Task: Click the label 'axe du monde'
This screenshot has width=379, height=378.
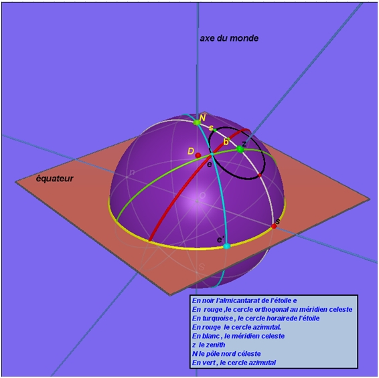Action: pyautogui.click(x=229, y=38)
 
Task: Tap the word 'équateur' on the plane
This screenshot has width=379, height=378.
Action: pyautogui.click(x=55, y=179)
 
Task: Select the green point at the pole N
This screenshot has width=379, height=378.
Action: pyautogui.click(x=197, y=122)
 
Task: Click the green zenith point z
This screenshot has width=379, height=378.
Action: pyautogui.click(x=240, y=149)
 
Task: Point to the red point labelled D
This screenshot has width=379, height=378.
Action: pyautogui.click(x=198, y=155)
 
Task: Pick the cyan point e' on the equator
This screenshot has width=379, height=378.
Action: pyautogui.click(x=226, y=246)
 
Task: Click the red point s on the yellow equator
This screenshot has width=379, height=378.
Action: pyautogui.click(x=274, y=226)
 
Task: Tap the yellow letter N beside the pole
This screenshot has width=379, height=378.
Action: pyautogui.click(x=202, y=118)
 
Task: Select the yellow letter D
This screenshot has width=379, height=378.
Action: pyautogui.click(x=191, y=151)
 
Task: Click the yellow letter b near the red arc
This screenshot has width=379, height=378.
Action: pyautogui.click(x=226, y=142)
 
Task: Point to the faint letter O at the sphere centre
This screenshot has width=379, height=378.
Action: pyautogui.click(x=202, y=195)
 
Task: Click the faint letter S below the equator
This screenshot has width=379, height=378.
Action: pyautogui.click(x=202, y=267)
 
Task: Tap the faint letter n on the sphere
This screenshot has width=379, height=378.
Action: pyautogui.click(x=132, y=173)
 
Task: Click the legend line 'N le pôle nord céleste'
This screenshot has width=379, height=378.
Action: pyautogui.click(x=226, y=354)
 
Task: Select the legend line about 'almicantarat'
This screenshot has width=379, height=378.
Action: pyautogui.click(x=244, y=300)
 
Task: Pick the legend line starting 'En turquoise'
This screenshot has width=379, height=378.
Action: pyautogui.click(x=256, y=318)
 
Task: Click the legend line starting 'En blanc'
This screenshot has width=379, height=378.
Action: pyautogui.click(x=238, y=336)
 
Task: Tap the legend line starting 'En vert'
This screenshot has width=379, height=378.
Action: pyautogui.click(x=234, y=363)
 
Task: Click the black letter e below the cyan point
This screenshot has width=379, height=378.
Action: pyautogui.click(x=210, y=165)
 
